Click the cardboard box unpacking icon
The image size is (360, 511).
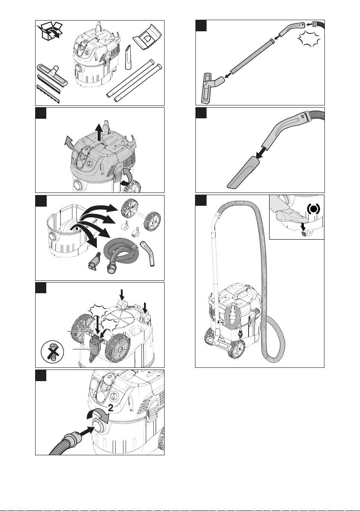[50, 32]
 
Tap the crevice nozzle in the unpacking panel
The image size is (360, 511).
[129, 57]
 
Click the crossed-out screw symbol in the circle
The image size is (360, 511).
[51, 353]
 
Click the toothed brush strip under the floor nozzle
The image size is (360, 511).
[48, 94]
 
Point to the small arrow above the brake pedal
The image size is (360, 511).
[303, 226]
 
